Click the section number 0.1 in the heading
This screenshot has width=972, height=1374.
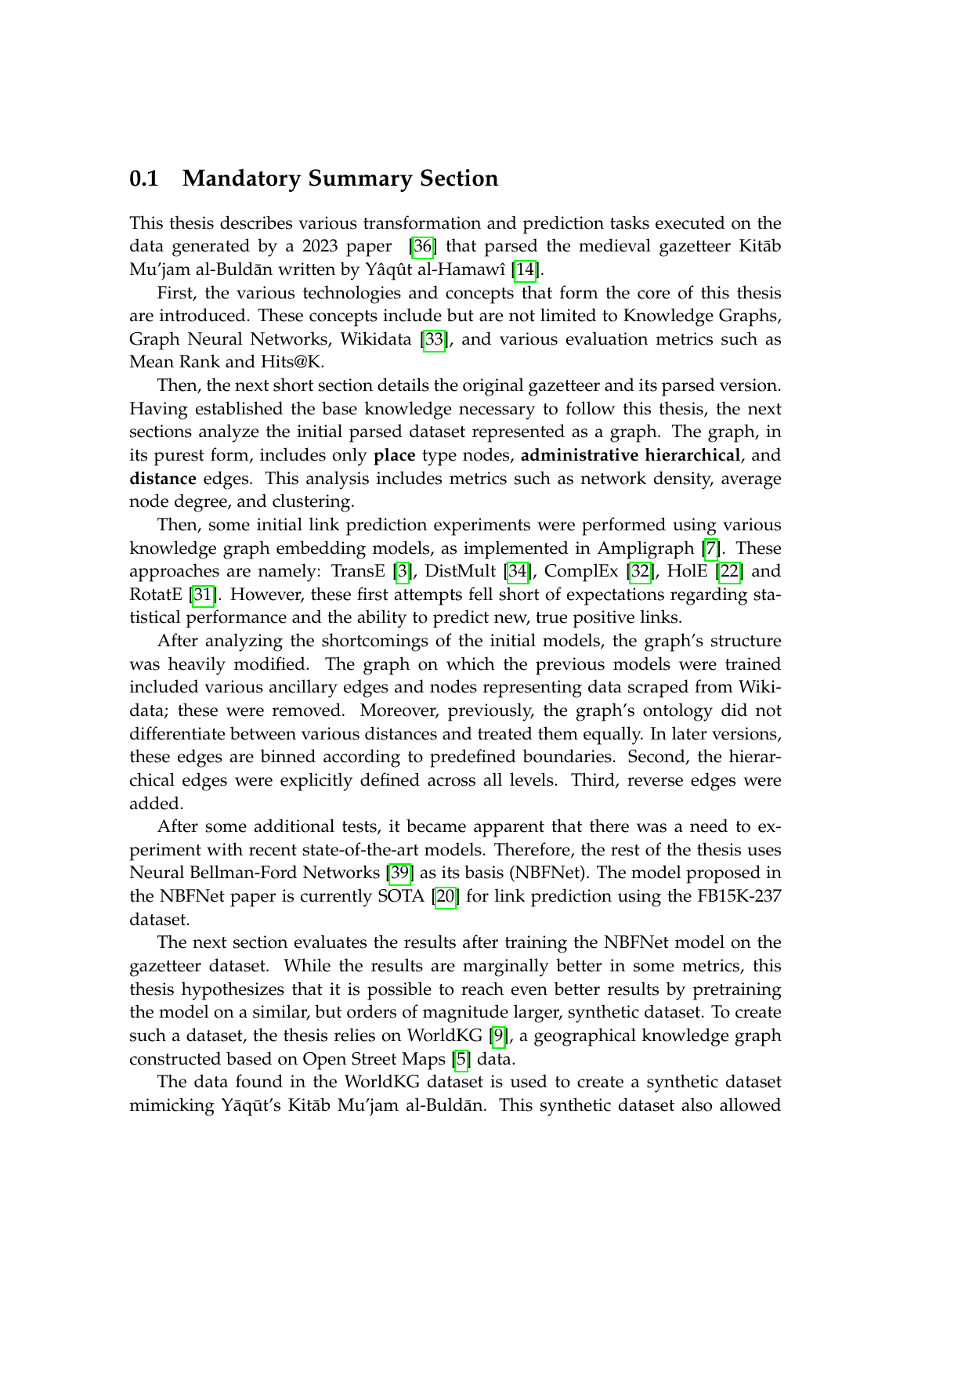tap(144, 179)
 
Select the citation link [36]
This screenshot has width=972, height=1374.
tap(423, 247)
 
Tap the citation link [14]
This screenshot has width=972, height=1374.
tap(524, 270)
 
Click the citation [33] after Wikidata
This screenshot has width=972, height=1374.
tap(434, 340)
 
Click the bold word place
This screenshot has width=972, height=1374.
tap(395, 456)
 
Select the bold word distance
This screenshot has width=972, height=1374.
tap(163, 479)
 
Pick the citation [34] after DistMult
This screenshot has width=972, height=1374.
tap(518, 572)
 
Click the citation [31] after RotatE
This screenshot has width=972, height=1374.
tap(204, 595)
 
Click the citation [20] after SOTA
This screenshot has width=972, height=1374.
tap(446, 896)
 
